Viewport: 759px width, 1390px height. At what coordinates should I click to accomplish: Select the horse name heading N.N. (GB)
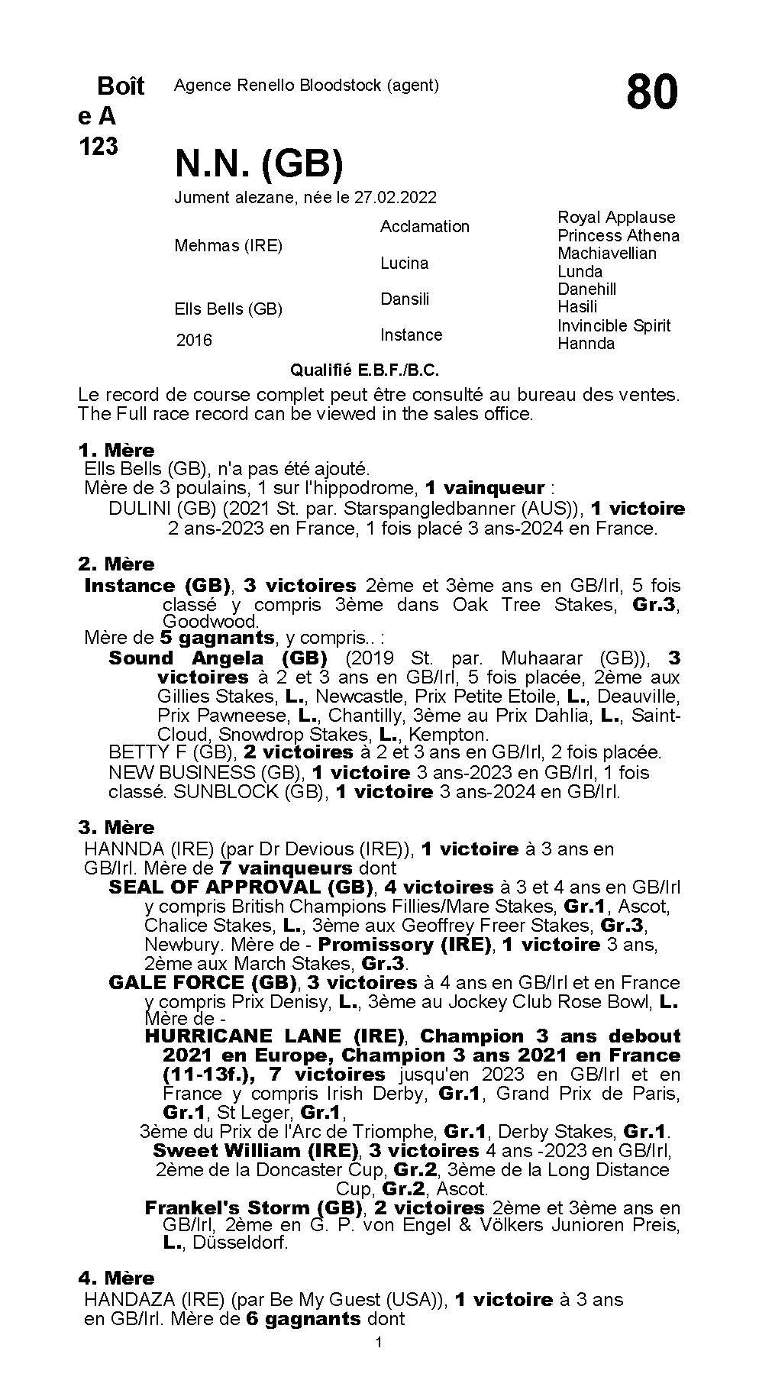pos(259,163)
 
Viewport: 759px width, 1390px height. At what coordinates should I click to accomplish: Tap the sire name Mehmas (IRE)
pos(228,246)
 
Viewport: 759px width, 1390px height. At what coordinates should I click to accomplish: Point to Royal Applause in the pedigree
pos(616,218)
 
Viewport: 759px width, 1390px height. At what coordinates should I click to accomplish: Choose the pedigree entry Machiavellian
pos(607,254)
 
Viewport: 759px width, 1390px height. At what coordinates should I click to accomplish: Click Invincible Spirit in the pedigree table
pos(614,325)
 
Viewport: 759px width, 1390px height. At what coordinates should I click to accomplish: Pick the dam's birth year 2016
pos(194,341)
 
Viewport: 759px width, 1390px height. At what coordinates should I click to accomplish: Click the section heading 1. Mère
pos(116,450)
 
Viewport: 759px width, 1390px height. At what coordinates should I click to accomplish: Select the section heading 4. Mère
pos(116,1278)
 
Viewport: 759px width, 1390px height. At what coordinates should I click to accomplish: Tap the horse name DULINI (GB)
pos(157,509)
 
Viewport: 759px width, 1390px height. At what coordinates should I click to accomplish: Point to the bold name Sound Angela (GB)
pos(218,658)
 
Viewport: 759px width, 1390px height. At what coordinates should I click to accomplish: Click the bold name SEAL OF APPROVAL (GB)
pos(241,887)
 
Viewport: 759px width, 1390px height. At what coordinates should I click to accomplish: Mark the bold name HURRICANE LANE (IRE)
pos(273,1036)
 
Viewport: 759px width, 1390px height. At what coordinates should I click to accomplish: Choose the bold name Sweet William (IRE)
pos(255,1151)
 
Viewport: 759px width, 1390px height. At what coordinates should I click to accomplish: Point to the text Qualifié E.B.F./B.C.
pos(364,370)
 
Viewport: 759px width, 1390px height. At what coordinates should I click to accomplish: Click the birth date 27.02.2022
pos(395,198)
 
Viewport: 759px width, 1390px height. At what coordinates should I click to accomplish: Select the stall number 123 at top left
pos(99,146)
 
